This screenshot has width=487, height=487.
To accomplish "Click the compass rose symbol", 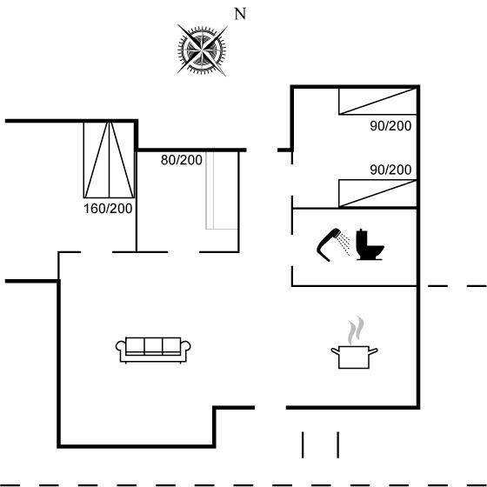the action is (202, 50).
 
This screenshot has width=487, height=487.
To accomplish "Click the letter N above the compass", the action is (240, 14).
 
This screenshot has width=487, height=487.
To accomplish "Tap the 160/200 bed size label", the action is (108, 209).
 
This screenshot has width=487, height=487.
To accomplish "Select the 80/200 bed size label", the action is (182, 160).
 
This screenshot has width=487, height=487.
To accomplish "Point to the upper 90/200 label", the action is (390, 126).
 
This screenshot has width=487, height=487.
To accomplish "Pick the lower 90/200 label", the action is (390, 170).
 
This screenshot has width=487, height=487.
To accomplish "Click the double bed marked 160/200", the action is (109, 160).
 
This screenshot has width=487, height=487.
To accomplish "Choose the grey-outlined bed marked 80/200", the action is (222, 190).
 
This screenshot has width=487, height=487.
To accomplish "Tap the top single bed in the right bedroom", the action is (377, 101).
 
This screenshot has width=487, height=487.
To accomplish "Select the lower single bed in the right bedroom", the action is (377, 193).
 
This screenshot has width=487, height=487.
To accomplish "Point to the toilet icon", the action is (370, 244).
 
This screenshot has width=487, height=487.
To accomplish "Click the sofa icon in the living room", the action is (153, 350).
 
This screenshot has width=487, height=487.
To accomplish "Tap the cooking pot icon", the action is (354, 357).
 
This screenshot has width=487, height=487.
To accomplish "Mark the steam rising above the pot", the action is (356, 330).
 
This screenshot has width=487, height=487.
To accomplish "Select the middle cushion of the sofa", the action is (153, 345).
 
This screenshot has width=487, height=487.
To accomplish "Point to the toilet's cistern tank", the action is (362, 238).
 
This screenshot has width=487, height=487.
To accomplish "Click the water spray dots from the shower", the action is (344, 244).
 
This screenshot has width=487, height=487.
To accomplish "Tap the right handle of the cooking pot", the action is (373, 351).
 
